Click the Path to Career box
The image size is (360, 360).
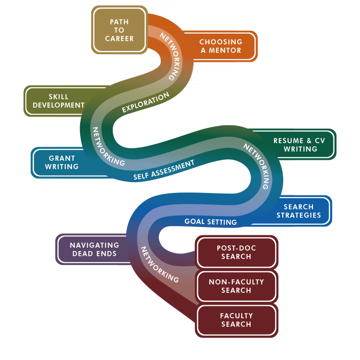point(119,30)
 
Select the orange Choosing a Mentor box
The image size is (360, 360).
point(220,46)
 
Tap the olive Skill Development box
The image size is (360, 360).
point(58,101)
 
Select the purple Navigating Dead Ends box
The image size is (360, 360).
point(94,249)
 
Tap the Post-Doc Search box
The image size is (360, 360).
point(236,252)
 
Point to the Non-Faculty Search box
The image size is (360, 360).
point(236,286)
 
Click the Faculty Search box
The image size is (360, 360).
point(236,320)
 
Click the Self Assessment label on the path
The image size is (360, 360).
point(164,170)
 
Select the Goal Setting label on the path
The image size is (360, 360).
point(211,222)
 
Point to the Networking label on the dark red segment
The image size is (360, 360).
point(159,264)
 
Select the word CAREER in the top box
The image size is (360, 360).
point(119,38)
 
